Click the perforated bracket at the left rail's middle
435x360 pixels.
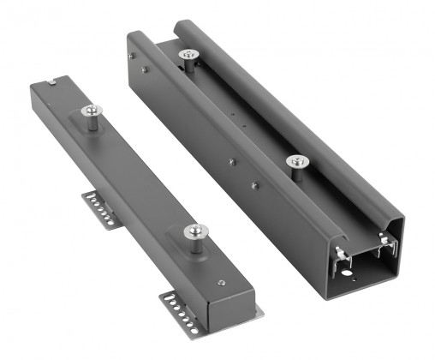[x=100, y=207]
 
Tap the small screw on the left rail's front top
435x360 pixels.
[x=222, y=283]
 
